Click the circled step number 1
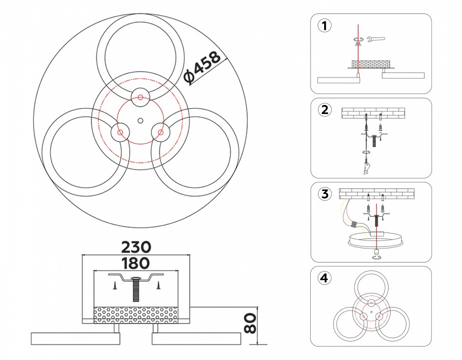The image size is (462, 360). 325,26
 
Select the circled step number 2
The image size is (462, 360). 325,110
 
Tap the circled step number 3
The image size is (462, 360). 325,194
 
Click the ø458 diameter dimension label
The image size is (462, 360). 202,68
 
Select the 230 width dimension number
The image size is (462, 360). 135,247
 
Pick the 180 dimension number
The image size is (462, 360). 135,263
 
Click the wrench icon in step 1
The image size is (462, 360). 375,38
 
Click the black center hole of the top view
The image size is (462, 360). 140,120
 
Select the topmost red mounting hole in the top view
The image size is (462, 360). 140,96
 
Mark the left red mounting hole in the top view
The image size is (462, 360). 120,132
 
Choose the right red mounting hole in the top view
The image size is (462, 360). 161,132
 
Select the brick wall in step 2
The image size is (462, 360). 373,113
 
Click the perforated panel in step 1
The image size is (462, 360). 371,64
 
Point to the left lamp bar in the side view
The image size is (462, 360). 75,338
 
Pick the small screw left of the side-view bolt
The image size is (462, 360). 114,285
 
